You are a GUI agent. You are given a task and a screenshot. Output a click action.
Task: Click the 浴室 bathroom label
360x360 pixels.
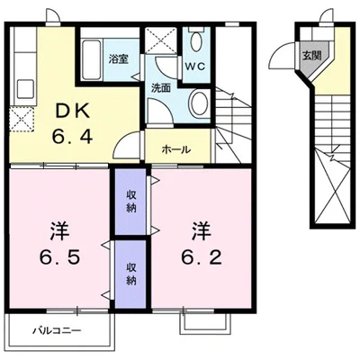pyautogui.click(x=119, y=59)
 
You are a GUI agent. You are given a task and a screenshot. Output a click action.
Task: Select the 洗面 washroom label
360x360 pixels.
pyautogui.click(x=161, y=88)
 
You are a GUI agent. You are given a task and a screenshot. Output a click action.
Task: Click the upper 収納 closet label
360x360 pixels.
pyautogui.click(x=130, y=202)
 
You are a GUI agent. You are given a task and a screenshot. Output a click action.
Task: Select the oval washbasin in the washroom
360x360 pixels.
pyautogui.click(x=200, y=103)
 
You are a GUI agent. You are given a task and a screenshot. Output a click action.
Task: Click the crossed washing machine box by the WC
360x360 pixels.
pyautogui.click(x=163, y=42)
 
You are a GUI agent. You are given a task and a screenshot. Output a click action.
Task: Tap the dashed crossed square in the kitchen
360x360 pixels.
pyautogui.click(x=21, y=118)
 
